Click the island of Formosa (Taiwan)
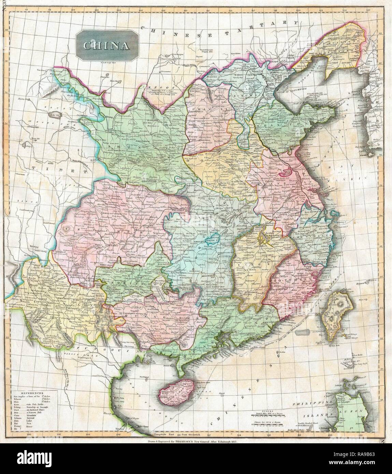tap(330, 313)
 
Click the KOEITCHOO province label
tap(123, 282)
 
